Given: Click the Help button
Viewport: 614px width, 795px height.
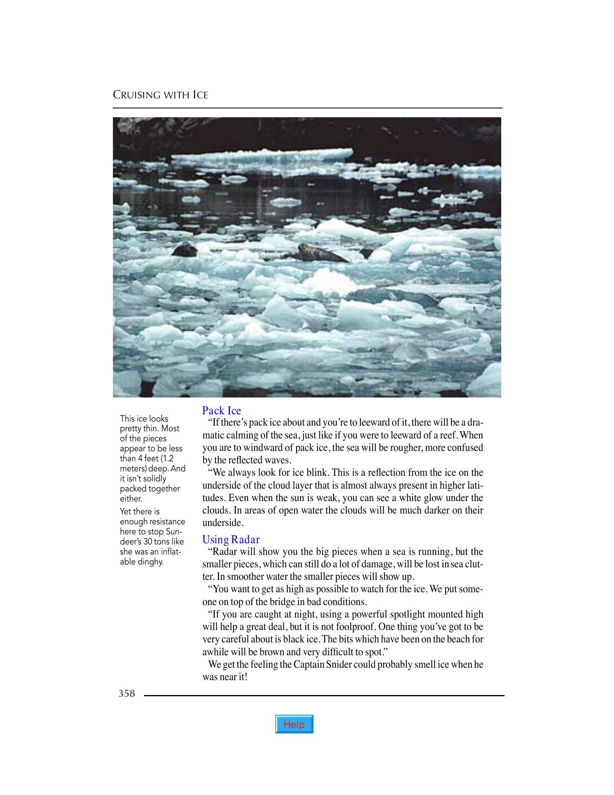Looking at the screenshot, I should point(294,724).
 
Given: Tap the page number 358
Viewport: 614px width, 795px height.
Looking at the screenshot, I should point(127,693).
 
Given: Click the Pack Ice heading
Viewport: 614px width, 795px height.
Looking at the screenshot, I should point(222,410).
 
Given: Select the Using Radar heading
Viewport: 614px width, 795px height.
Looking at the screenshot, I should point(231,539).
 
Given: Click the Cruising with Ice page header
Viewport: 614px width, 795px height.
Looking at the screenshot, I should point(160,95).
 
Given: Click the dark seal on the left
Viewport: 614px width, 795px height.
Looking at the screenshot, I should point(185,251).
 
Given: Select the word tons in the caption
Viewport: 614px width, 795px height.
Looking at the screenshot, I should point(165,542).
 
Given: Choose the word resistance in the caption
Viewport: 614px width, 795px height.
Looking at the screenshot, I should point(167,522).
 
